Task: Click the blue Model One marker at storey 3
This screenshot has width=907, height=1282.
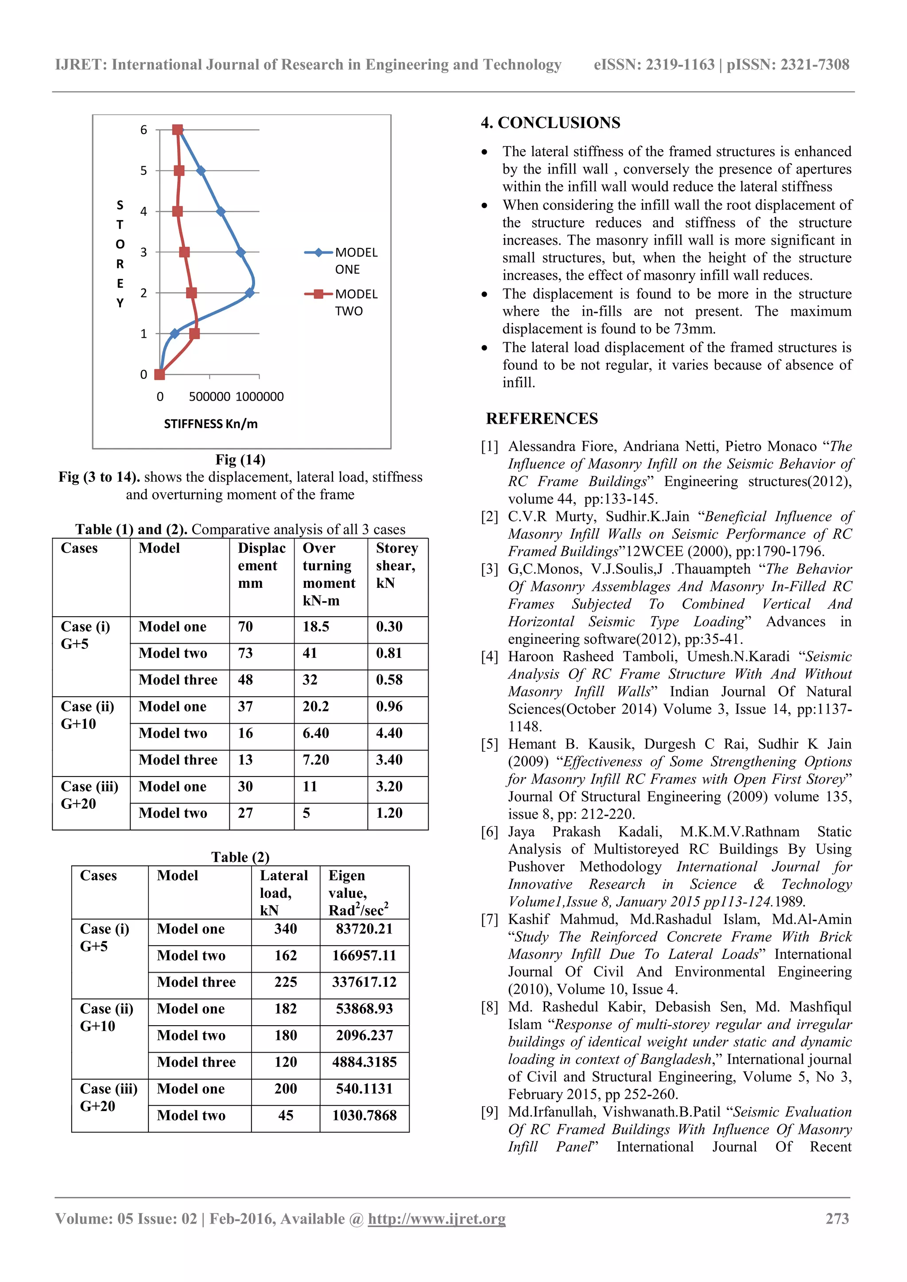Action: point(241,252)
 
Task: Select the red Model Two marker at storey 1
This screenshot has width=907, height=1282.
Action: point(194,334)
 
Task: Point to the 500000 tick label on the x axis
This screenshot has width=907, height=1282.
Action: point(209,397)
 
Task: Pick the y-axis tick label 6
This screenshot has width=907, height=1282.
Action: point(143,130)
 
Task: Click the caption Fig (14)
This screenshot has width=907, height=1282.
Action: point(240,460)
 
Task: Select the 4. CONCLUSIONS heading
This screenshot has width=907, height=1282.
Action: point(550,123)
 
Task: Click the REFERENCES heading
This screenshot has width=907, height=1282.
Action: point(542,419)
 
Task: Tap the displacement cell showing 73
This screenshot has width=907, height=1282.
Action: point(246,653)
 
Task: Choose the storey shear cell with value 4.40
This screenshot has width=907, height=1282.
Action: point(389,733)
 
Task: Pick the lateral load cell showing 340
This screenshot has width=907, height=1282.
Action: point(285,929)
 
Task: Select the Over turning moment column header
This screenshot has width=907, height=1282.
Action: point(329,575)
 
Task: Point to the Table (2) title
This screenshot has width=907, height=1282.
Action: point(240,857)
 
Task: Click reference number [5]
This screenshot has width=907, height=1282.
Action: point(489,744)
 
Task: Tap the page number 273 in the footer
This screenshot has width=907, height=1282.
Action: point(837,1219)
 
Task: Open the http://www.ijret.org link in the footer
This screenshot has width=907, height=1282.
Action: point(437,1219)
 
